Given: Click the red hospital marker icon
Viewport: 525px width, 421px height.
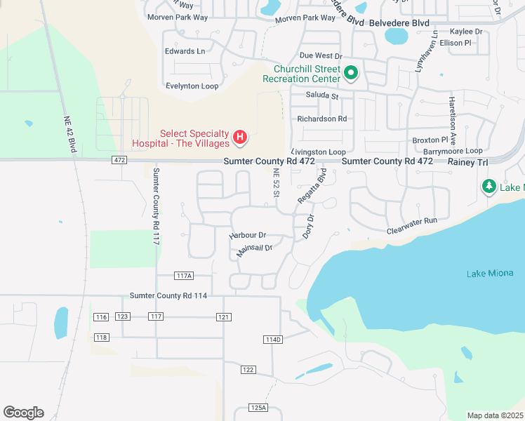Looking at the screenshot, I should (x=240, y=137).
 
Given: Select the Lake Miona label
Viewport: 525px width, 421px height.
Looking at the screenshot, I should (x=490, y=273).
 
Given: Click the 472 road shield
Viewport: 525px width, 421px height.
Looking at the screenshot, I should (x=119, y=161).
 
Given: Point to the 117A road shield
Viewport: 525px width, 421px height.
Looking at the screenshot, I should (x=184, y=276).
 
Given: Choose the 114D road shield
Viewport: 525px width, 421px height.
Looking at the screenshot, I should (x=273, y=340).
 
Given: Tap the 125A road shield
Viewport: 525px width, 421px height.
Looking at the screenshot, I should (x=258, y=408).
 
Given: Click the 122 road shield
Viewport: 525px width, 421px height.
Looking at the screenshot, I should (x=248, y=369).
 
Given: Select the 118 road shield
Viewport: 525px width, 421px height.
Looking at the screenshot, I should (x=102, y=338).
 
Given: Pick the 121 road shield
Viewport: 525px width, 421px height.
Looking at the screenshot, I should (x=224, y=317).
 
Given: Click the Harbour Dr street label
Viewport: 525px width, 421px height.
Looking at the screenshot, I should (x=248, y=235).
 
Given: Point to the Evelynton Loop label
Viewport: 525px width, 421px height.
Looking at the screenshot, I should (x=192, y=86).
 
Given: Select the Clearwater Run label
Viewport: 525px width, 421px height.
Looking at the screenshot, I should (x=412, y=225).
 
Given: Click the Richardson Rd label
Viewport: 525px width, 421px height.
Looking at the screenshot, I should (x=322, y=119).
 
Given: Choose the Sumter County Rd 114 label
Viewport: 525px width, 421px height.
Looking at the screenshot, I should (x=168, y=296).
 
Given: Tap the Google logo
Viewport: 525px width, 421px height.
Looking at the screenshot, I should (x=23, y=413).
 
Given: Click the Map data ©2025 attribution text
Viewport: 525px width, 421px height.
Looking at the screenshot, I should (x=495, y=415).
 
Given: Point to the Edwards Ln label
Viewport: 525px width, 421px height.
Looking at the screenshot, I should (x=185, y=51).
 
